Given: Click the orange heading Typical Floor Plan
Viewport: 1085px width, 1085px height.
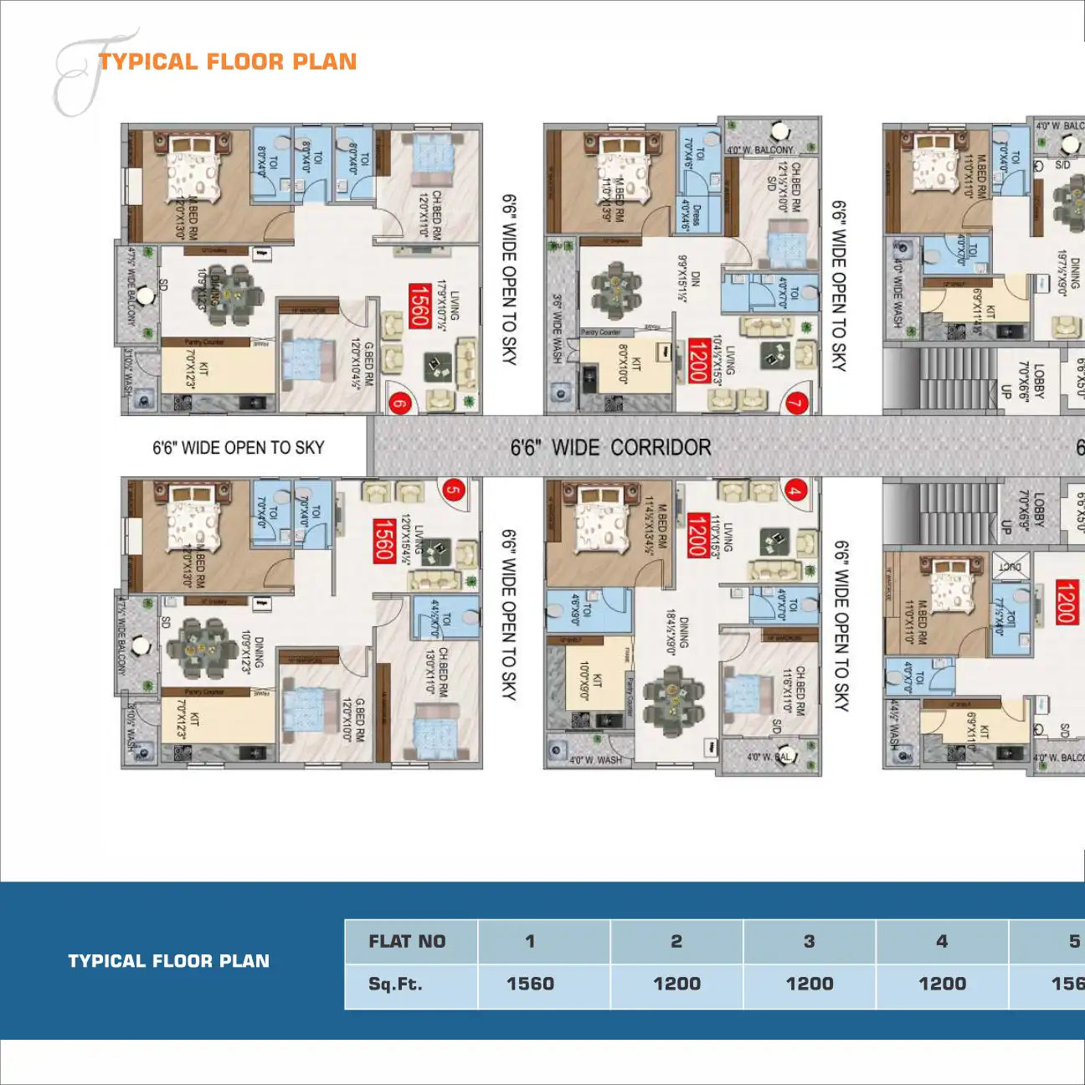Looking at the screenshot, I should [x=228, y=62].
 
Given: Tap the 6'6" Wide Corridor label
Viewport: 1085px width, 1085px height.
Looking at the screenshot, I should [x=610, y=448].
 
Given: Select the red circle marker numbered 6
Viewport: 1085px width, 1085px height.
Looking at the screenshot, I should [x=400, y=404].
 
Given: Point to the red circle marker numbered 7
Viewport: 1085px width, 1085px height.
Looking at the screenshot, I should [x=796, y=404].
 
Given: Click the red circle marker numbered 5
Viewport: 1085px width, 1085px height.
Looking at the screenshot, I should [x=453, y=490].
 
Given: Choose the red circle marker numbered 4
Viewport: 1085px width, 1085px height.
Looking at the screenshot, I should [x=794, y=491].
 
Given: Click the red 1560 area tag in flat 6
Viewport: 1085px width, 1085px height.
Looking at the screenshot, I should [x=419, y=306].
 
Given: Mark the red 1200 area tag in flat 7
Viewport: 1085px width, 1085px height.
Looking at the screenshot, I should [x=698, y=361].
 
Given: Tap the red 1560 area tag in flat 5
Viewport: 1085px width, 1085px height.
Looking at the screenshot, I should [x=383, y=541].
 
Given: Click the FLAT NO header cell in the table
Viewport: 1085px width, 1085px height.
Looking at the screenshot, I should [x=408, y=941].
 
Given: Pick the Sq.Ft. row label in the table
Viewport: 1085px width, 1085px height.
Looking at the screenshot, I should [x=396, y=984].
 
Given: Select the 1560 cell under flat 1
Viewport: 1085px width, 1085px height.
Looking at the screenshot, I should [x=531, y=984].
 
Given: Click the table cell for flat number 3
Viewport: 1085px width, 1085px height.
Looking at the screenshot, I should [x=809, y=941].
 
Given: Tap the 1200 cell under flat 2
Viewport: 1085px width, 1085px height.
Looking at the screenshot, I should [x=676, y=984].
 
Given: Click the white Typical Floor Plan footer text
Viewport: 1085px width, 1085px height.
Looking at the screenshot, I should [x=169, y=961].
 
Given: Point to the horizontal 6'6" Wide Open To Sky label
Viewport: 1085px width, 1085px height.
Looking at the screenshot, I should [x=239, y=448].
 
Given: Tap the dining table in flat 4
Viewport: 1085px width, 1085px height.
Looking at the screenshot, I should [x=674, y=700].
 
